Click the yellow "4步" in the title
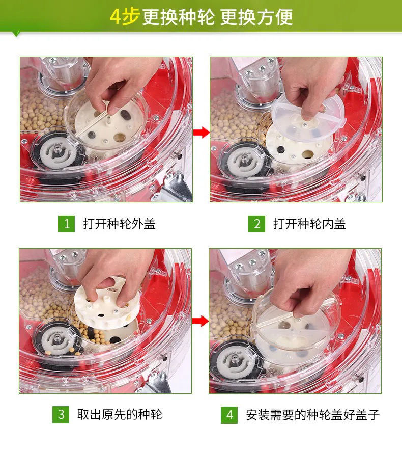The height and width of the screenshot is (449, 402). pos(125,17)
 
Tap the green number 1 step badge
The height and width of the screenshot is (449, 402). pos(66,224)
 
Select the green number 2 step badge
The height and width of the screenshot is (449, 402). pos(256,224)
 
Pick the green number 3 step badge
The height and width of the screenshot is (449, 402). pos(61,414)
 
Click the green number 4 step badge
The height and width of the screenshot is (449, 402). pos(229,415)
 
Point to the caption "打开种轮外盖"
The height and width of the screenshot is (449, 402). pos(119,224)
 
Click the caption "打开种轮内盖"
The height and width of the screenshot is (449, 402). pos(309,224)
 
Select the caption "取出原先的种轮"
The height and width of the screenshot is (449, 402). pos(120,414)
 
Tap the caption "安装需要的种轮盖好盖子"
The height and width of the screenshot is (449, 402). pos(313,415)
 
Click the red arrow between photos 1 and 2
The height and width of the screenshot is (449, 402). pos(202,133)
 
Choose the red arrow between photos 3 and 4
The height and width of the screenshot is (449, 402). pos(200,321)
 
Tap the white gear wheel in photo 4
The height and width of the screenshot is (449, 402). pos(235,361)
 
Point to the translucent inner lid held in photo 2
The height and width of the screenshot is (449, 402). pos(308,118)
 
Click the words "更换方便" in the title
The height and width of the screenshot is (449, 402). pos(256,17)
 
